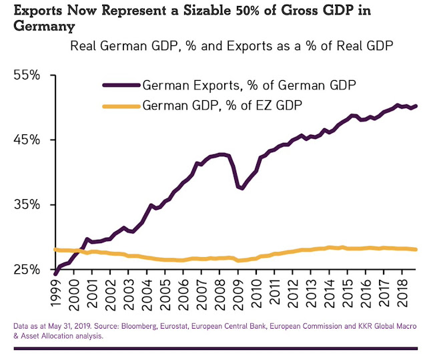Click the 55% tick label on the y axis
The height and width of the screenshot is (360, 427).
click(28, 75)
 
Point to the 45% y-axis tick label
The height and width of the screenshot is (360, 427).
click(28, 140)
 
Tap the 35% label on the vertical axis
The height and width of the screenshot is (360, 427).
click(28, 205)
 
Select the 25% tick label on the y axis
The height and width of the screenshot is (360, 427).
click(28, 270)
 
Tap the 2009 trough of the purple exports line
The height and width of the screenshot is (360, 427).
click(242, 188)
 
